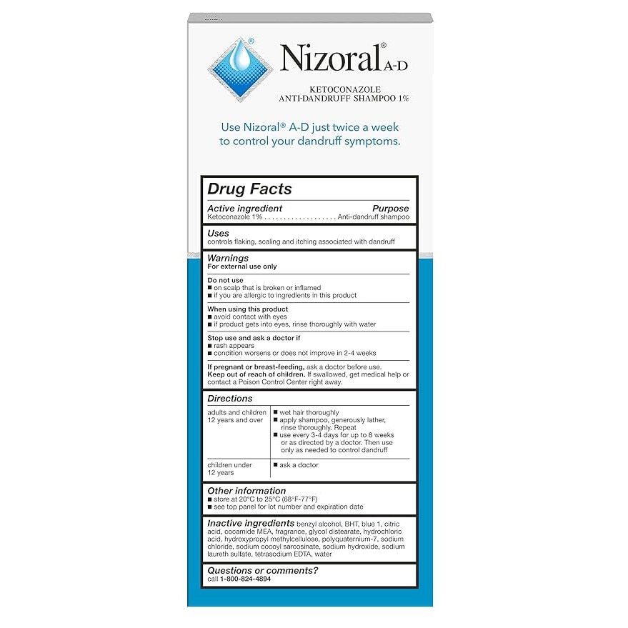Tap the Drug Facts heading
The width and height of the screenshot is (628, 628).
249,189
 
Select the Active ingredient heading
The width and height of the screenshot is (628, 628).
244,209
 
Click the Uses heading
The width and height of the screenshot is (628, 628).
218,233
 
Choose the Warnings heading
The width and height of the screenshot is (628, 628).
228,258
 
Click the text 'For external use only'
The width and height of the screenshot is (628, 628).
241,266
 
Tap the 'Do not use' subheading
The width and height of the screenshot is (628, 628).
225,280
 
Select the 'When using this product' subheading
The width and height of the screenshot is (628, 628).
247,309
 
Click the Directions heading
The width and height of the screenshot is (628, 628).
229,398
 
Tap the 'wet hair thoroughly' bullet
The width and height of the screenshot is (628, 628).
309,413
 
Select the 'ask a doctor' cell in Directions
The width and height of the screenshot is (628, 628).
299,465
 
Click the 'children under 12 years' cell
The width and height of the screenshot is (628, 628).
229,469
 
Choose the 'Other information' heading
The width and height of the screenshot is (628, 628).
246,491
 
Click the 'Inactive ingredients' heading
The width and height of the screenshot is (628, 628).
250,524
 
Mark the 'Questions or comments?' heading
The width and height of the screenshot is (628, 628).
262,570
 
